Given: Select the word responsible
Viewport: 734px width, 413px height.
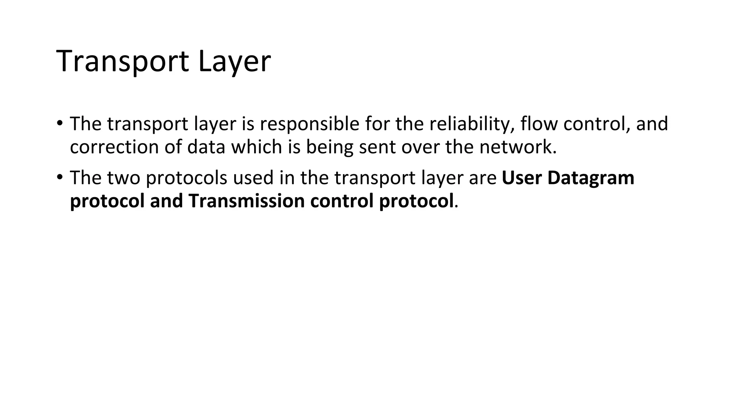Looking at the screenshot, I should pos(309,124).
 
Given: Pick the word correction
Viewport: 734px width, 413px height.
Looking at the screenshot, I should pos(114,147).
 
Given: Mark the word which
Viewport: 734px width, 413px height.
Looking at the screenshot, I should pos(257,147).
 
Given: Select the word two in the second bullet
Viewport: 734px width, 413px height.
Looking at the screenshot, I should pos(123,178).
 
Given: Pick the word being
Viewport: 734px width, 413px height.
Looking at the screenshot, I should pos(329,147).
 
